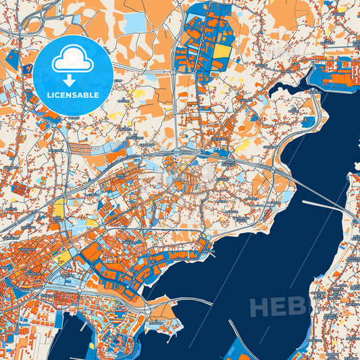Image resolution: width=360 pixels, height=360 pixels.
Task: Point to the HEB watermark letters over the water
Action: click(x=277, y=307)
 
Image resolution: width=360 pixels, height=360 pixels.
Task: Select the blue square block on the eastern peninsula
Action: click(x=309, y=122)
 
